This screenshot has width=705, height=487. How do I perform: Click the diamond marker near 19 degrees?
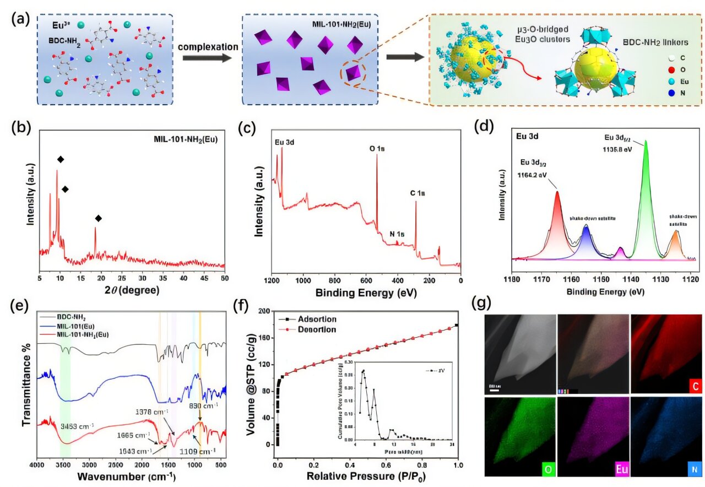coord(99,219)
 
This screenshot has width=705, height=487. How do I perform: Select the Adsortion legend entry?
coord(316,320)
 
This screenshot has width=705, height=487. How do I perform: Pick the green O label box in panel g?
coord(549,469)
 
